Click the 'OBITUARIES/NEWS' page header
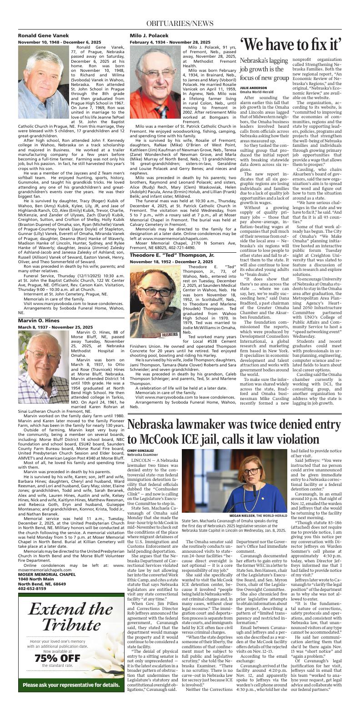click(x=180, y=23)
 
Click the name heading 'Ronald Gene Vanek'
click(x=43, y=35)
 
